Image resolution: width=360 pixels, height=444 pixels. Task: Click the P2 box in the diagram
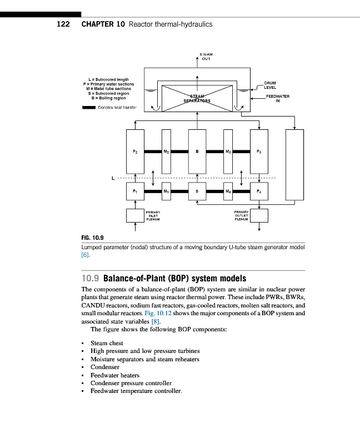(x=135, y=150)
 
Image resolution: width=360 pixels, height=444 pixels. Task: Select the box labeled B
(x=197, y=150)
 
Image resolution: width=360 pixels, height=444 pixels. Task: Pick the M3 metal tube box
(x=228, y=150)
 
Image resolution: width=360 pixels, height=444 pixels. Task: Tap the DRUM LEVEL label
(x=270, y=85)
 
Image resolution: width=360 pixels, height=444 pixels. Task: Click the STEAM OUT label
(x=206, y=56)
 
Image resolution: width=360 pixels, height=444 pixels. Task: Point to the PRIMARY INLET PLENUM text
(x=153, y=215)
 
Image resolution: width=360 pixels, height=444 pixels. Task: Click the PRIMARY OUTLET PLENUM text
(x=241, y=215)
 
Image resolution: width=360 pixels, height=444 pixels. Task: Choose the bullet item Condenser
(x=105, y=367)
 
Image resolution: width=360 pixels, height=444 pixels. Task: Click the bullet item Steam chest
(x=107, y=344)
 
